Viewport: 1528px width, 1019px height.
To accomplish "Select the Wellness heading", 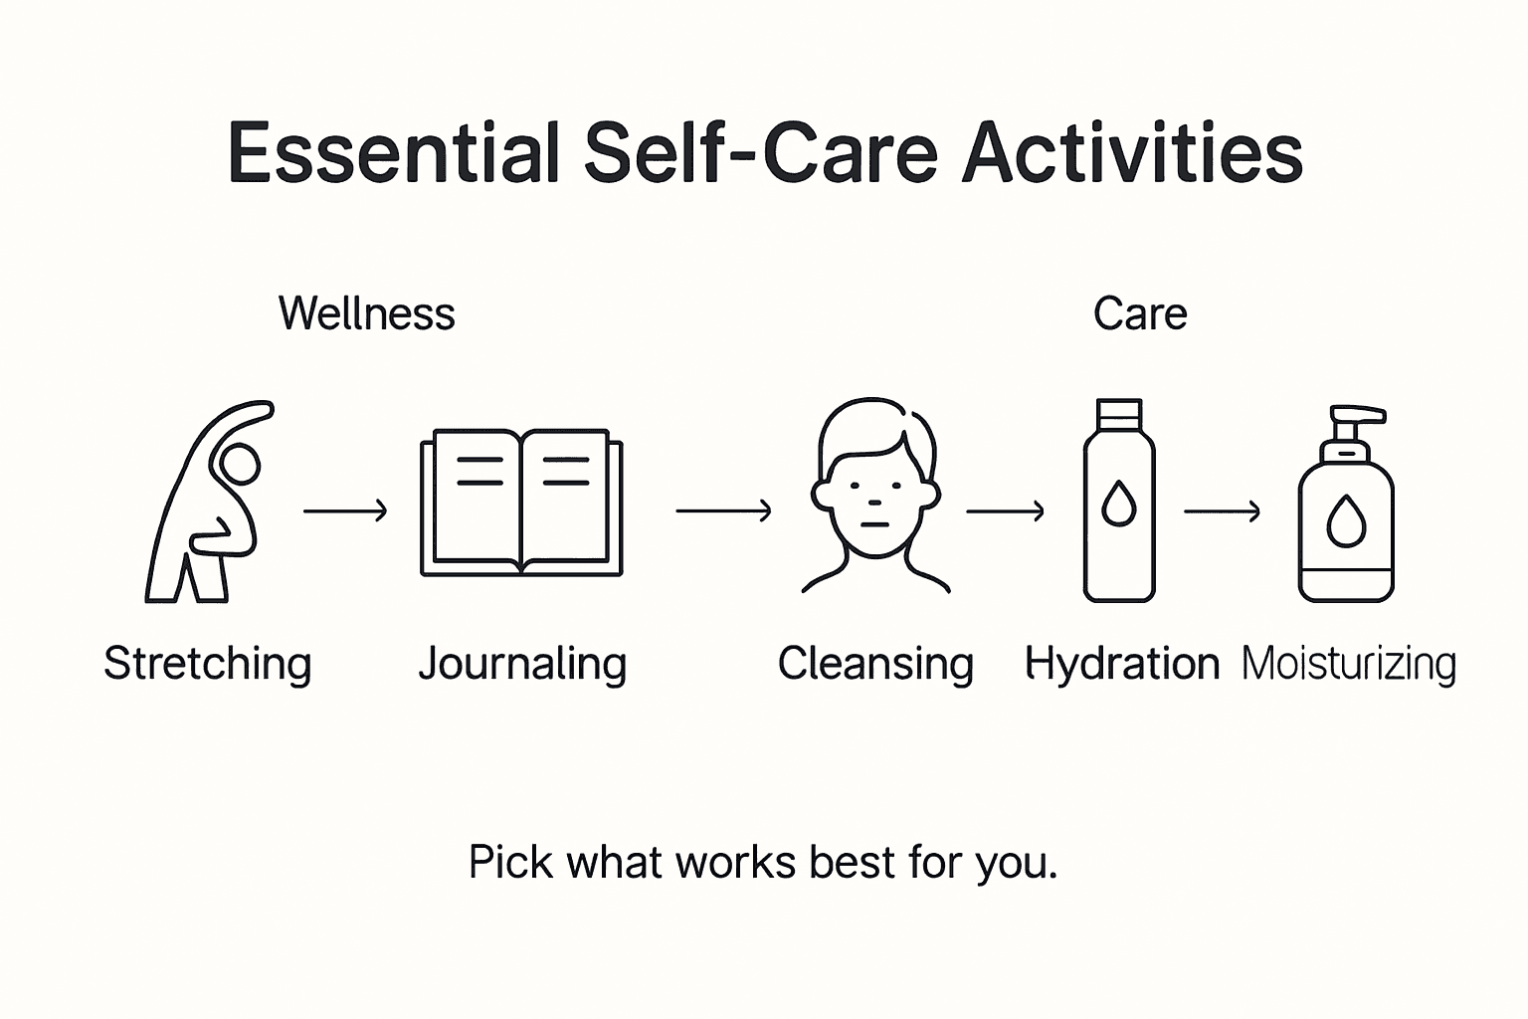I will (366, 313).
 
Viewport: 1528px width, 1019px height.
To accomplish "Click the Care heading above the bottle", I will (1140, 313).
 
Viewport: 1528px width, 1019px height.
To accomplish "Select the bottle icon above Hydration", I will (1119, 501).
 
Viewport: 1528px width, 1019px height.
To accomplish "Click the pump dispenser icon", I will (1346, 505).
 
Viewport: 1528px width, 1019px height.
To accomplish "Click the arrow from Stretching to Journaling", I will (345, 511).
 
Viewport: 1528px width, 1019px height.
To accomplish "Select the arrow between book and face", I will (723, 511).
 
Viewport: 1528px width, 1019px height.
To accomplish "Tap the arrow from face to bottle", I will (1006, 511).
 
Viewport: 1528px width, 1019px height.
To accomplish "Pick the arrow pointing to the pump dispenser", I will (1223, 511).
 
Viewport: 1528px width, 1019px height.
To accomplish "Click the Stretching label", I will (208, 664).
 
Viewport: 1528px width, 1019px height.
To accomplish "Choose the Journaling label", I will (522, 664).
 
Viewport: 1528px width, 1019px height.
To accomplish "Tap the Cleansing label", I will (875, 664).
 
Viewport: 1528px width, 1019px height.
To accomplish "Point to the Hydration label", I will (1122, 664).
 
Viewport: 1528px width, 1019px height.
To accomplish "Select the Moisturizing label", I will (1349, 664).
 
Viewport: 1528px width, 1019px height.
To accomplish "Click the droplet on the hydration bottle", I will (1119, 505).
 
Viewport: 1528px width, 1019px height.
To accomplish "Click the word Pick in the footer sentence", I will (509, 862).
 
